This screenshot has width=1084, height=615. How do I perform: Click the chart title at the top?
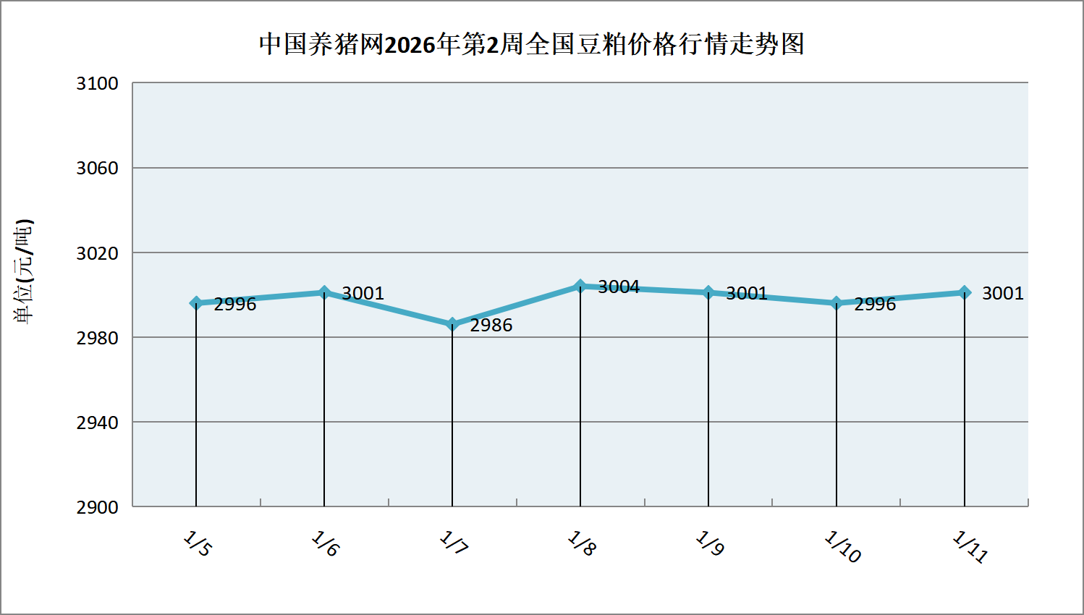532,45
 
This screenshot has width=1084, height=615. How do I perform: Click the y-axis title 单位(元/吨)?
24,271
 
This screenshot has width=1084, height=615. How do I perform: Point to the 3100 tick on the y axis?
98,83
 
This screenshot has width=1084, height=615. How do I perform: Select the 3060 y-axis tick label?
98,168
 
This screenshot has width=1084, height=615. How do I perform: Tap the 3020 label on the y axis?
98,253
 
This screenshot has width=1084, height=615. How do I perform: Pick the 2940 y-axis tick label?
98,423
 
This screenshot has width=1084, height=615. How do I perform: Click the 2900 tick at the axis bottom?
98,507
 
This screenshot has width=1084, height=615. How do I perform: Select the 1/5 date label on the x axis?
197,544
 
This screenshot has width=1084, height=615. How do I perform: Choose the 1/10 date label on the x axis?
842,547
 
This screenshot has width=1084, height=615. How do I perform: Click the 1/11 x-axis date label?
970,547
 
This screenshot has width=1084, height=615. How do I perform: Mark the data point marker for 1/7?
452,325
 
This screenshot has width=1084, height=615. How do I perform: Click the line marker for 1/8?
580,287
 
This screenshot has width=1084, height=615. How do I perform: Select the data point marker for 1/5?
196,303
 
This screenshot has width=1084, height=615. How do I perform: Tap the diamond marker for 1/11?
965,292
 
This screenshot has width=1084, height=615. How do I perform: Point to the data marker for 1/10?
837,303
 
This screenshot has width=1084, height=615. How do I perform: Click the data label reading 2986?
491,326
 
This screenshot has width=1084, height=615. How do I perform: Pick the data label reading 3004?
619,287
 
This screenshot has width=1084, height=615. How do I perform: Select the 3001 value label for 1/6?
363,293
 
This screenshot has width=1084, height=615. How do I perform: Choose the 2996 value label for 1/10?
875,305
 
